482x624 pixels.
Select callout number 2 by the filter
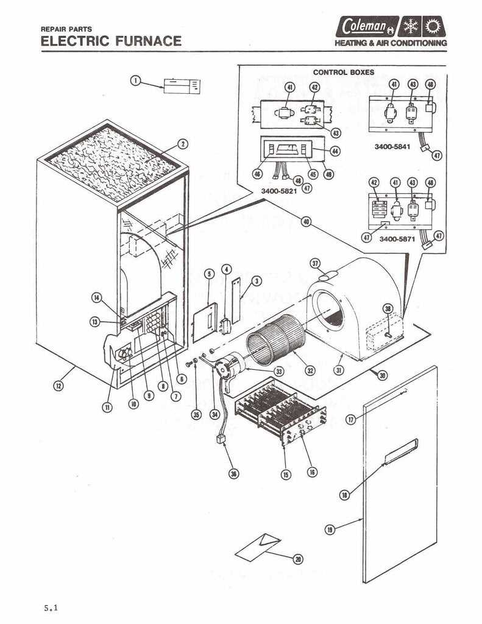point(182,144)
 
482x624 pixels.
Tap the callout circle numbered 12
point(58,385)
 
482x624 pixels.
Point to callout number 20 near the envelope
point(298,559)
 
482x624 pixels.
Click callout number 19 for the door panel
point(330,530)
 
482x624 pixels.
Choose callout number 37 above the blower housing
point(315,263)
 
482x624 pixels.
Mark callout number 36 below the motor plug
point(233,473)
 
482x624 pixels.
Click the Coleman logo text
point(364,27)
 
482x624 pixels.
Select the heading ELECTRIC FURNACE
point(111,41)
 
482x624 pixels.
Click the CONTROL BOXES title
point(343,73)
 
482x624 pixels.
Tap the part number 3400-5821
point(278,191)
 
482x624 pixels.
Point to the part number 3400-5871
point(397,239)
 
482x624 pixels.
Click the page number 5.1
point(52,608)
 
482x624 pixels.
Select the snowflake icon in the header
point(411,26)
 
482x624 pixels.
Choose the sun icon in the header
point(433,26)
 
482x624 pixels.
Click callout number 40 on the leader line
point(306,222)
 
